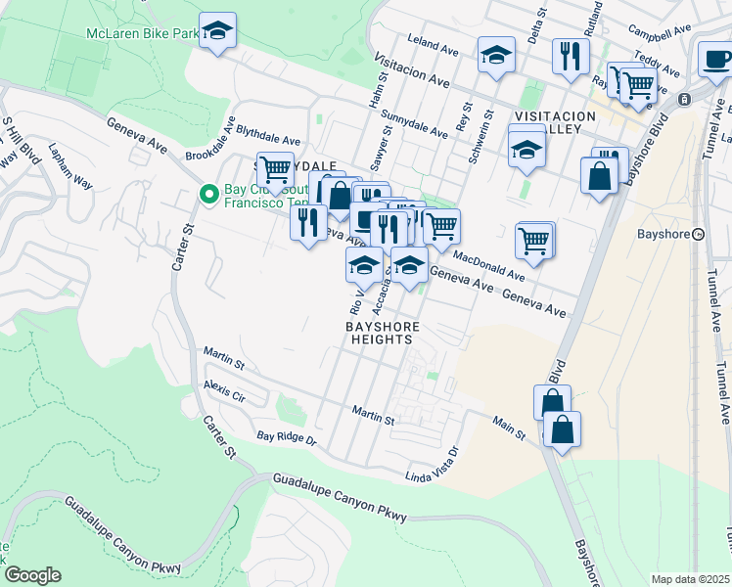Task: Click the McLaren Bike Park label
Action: click(x=142, y=33)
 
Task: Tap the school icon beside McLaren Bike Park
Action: click(x=218, y=30)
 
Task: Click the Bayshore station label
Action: click(x=664, y=234)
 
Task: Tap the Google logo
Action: click(x=32, y=575)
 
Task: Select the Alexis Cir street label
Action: click(x=224, y=392)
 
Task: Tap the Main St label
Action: click(x=509, y=426)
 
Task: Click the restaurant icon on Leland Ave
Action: click(x=569, y=55)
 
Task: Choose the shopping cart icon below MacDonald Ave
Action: click(x=534, y=240)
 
